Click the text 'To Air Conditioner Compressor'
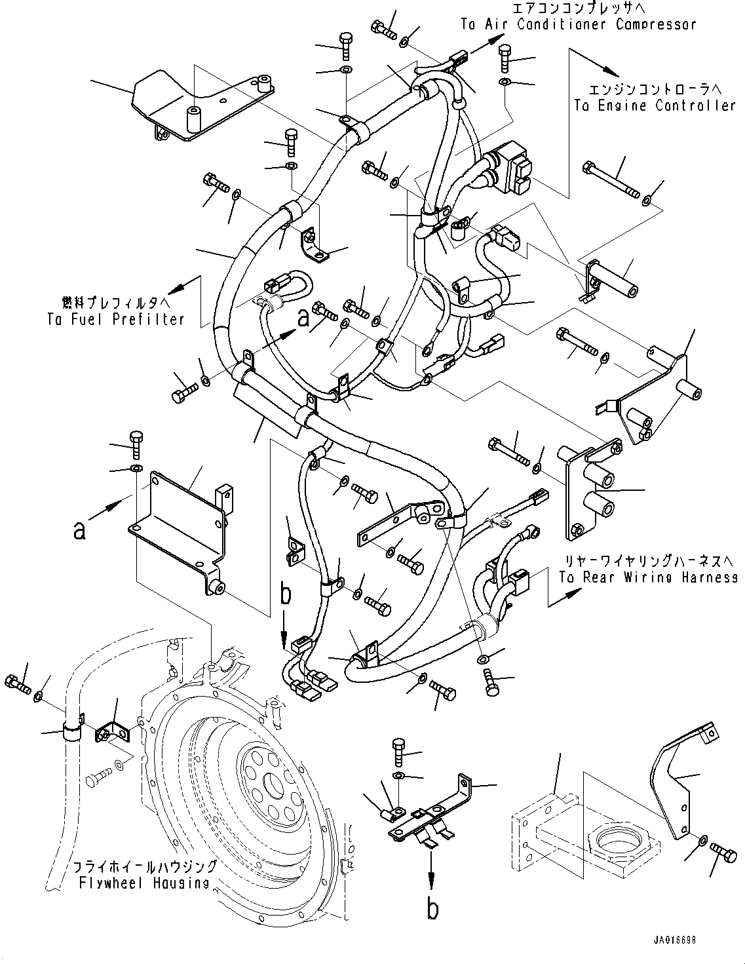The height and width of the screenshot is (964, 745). click(x=578, y=25)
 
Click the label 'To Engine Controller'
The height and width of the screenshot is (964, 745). click(x=655, y=106)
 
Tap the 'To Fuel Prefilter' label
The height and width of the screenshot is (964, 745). click(x=115, y=320)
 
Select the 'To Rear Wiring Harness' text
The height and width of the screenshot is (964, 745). click(x=648, y=577)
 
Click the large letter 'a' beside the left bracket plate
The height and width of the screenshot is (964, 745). click(x=79, y=530)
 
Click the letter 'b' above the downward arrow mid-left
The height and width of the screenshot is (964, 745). click(x=286, y=595)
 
